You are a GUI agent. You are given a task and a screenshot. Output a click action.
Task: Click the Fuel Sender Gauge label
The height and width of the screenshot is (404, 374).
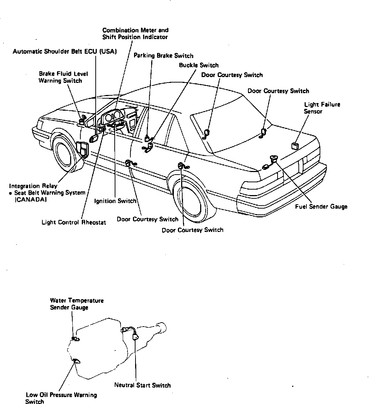point(321,207)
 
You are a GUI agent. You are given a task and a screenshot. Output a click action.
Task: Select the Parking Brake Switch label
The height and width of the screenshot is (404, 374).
point(163,56)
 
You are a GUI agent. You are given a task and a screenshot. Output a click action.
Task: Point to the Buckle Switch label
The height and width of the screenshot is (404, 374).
point(199,65)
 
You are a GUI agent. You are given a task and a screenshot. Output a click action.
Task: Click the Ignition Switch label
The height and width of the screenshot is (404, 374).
point(115,201)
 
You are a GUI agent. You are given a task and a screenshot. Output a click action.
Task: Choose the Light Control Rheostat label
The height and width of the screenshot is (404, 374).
point(74,222)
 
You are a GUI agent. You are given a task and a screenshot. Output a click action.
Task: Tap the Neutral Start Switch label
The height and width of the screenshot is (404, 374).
point(142,385)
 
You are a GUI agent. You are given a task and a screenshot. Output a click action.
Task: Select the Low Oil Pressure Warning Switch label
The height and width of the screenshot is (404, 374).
point(61,398)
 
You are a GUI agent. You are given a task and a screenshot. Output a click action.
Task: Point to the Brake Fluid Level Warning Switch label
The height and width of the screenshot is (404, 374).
point(64,77)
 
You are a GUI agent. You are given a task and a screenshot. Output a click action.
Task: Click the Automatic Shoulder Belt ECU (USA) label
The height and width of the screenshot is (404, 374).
point(65,52)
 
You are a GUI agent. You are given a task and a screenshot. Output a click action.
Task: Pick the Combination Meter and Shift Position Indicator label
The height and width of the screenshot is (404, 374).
point(135,34)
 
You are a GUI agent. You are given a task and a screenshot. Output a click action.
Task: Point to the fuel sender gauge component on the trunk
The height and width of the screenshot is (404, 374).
point(273,159)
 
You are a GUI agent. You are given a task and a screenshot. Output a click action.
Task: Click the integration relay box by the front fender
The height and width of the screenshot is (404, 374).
point(84,149)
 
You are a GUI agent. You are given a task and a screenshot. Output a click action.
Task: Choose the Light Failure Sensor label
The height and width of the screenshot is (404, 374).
point(322,108)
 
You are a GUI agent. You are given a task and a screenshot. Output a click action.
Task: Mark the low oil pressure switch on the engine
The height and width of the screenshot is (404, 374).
point(77,361)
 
